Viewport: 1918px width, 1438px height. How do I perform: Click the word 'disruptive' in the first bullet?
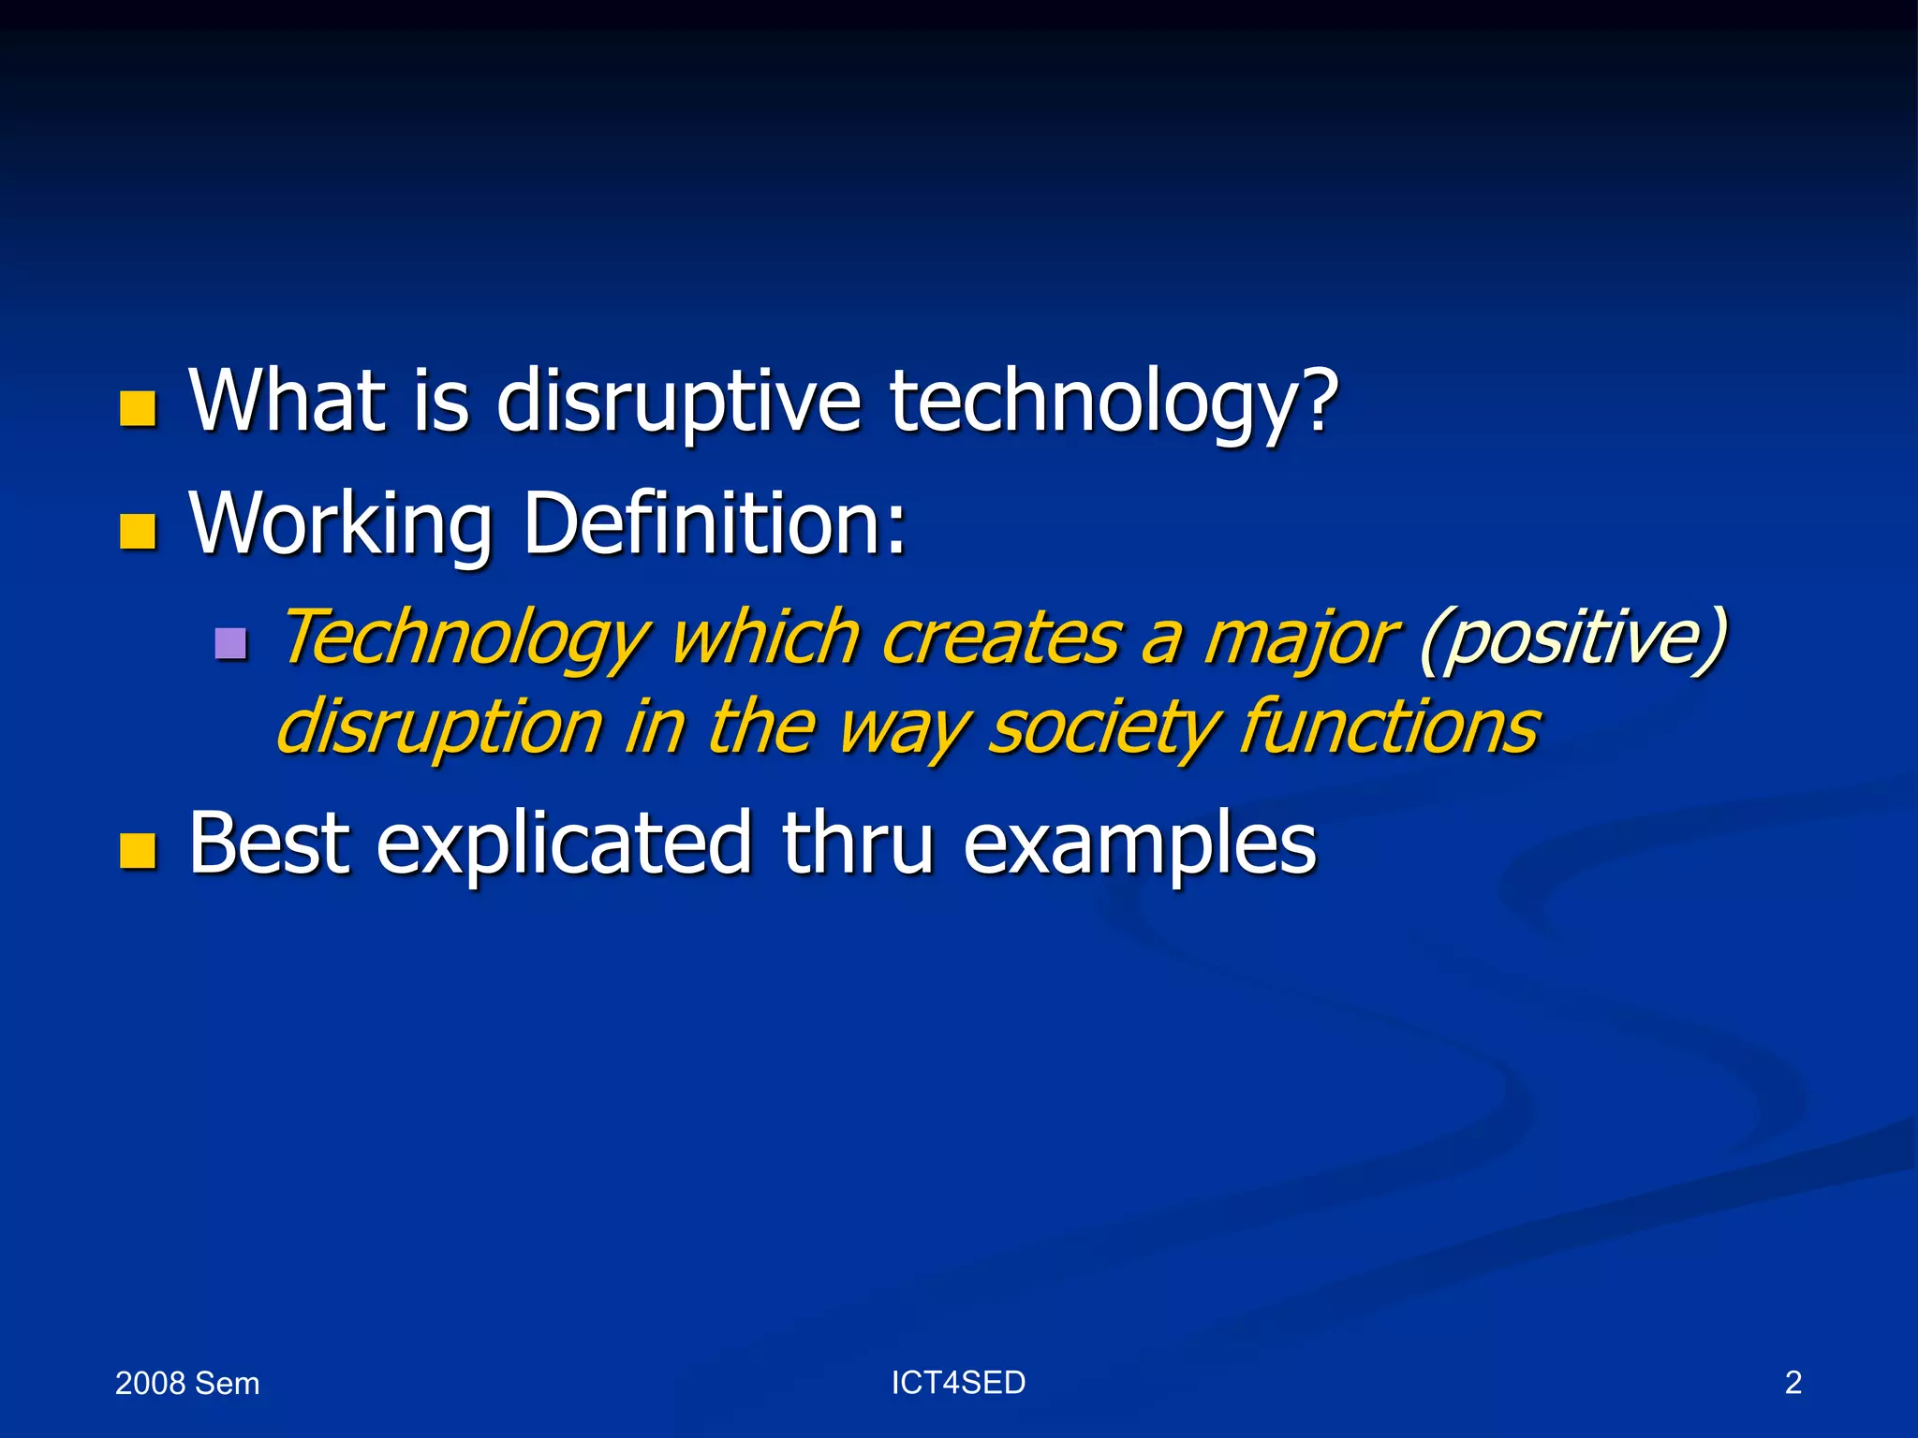click(x=677, y=403)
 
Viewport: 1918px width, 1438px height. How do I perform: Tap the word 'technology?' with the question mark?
click(x=1113, y=403)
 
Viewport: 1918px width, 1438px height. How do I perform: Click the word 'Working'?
click(x=341, y=524)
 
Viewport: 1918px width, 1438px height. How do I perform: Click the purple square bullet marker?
click(x=230, y=643)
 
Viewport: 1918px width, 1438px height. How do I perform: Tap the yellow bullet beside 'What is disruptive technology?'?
click(x=138, y=409)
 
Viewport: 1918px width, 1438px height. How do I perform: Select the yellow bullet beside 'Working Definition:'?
click(x=138, y=531)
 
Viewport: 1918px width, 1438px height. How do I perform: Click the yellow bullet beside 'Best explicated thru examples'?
click(x=138, y=851)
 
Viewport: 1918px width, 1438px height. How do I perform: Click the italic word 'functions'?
click(x=1389, y=726)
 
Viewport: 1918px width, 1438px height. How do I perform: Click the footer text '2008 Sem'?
click(x=187, y=1384)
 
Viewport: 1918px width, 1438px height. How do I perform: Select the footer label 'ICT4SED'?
click(x=958, y=1383)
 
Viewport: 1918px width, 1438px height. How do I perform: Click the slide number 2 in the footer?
click(x=1793, y=1383)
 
